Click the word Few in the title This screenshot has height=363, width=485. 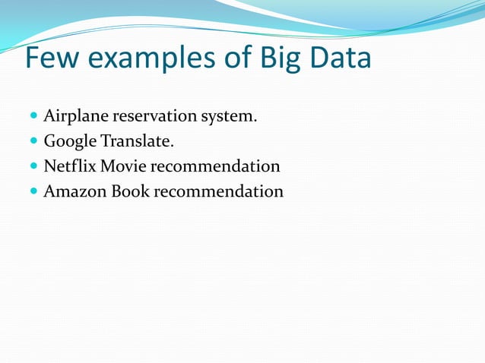point(52,59)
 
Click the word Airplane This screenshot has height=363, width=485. point(76,117)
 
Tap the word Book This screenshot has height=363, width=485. point(130,191)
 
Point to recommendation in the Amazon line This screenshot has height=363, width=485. point(218,191)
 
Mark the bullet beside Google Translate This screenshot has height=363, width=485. point(34,142)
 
